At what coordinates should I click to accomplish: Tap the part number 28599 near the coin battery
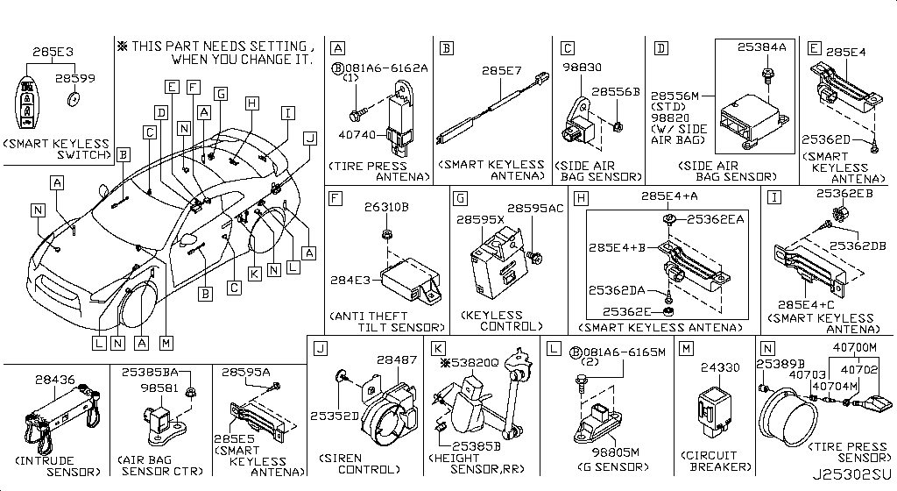click(77, 78)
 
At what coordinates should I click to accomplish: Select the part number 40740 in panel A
click(357, 135)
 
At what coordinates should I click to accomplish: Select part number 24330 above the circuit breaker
click(716, 368)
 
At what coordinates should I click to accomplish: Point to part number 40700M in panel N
click(849, 347)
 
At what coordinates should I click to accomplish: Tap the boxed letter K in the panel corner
click(437, 348)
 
